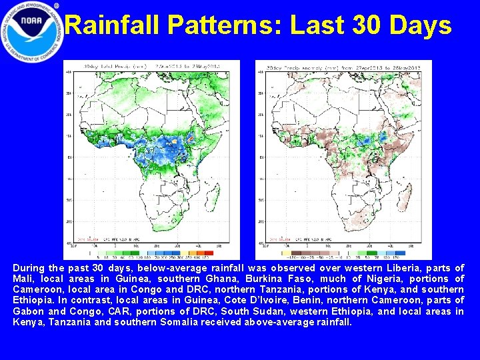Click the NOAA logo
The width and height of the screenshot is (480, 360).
pos(32,32)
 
